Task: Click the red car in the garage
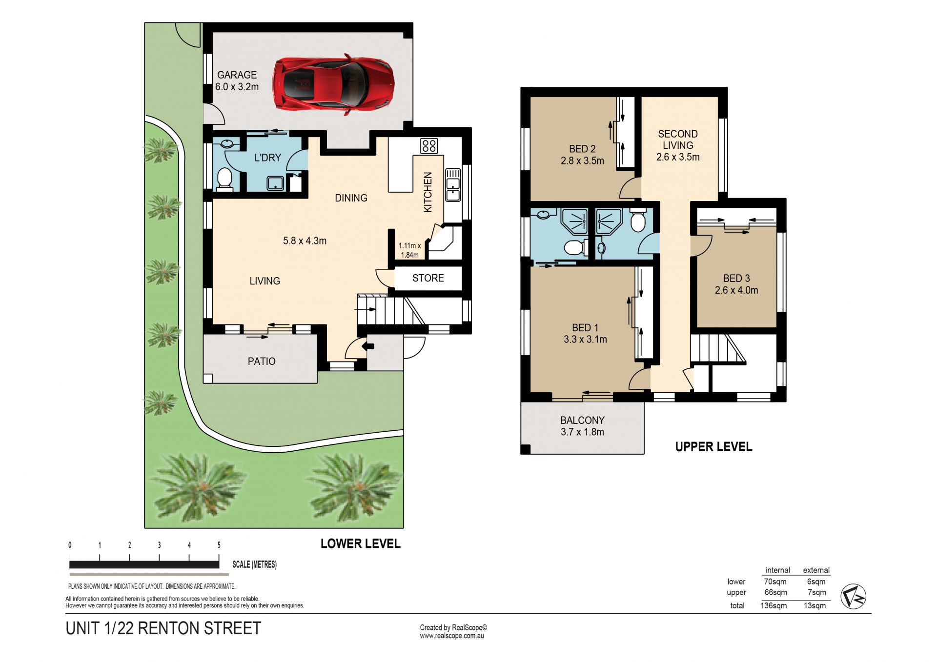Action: [334, 84]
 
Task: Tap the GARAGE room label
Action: [237, 75]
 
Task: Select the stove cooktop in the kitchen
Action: [429, 145]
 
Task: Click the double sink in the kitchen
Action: [453, 185]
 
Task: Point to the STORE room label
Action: [428, 278]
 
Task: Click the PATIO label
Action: [262, 361]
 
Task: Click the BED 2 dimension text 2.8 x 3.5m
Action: [582, 160]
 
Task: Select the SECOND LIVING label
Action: [678, 140]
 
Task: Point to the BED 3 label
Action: [736, 278]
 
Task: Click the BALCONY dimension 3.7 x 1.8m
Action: [582, 432]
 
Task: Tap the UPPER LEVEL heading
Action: [713, 447]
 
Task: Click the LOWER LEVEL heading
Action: [361, 543]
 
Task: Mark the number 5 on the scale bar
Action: [219, 545]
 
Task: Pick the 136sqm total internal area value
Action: [774, 605]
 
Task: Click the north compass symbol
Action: [853, 596]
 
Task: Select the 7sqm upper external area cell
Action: [817, 592]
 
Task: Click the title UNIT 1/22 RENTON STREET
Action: [163, 628]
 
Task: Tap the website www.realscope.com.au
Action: [452, 636]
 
